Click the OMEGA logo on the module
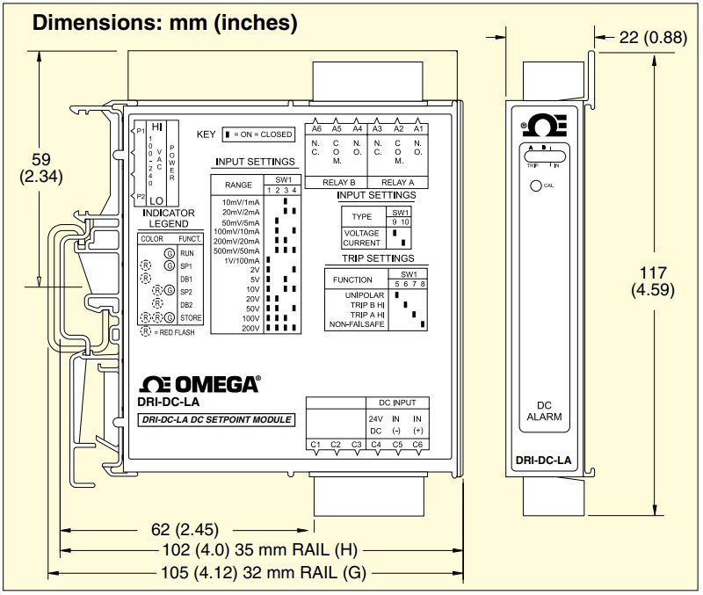(x=200, y=384)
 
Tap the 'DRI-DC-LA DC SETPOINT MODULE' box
(x=216, y=420)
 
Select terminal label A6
(x=317, y=128)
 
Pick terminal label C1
(x=315, y=445)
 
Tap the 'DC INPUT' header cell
(x=397, y=402)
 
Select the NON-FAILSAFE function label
(x=357, y=324)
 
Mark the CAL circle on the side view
(x=534, y=185)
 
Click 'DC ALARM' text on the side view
(x=549, y=410)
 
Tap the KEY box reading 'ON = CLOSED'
(x=257, y=134)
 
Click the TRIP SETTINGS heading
(x=378, y=258)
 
